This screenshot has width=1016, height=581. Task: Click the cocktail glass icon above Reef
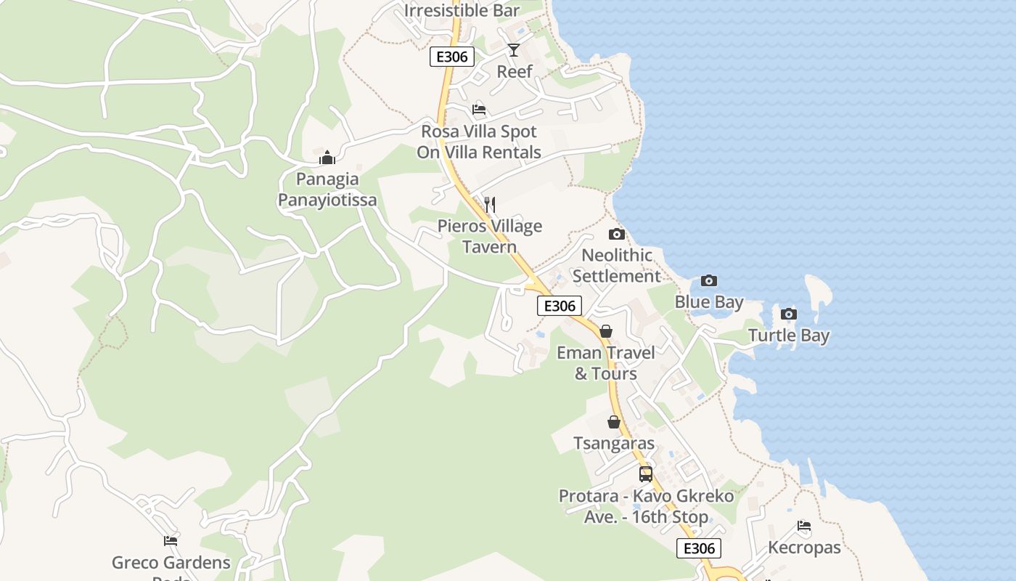(x=514, y=49)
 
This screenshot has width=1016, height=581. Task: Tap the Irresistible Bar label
(x=462, y=10)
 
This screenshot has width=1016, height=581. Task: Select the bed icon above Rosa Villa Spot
(x=479, y=110)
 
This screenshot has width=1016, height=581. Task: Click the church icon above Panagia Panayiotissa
(x=327, y=158)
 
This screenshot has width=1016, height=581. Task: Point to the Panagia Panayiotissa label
(x=327, y=189)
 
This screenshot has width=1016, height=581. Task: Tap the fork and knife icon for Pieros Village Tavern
(x=490, y=205)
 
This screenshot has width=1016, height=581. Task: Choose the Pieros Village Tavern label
(x=490, y=236)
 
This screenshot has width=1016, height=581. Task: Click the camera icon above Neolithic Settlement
(x=616, y=234)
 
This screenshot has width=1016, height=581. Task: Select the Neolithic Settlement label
(x=617, y=266)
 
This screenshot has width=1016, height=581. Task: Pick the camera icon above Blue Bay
(x=709, y=280)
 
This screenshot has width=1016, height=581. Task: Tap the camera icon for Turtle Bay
(x=789, y=314)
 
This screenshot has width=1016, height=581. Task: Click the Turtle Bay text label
(x=789, y=336)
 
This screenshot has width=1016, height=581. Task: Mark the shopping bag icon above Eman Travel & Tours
(x=606, y=331)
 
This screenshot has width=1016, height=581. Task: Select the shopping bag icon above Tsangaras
(x=614, y=422)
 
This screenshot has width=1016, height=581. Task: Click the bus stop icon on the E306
(x=646, y=474)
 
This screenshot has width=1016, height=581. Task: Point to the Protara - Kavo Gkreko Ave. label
(x=646, y=506)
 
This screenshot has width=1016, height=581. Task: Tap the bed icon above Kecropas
(x=804, y=526)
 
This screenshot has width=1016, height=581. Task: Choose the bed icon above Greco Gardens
(x=171, y=540)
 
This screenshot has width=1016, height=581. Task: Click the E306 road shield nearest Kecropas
(x=699, y=548)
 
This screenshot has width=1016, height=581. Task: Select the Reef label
(x=515, y=71)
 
